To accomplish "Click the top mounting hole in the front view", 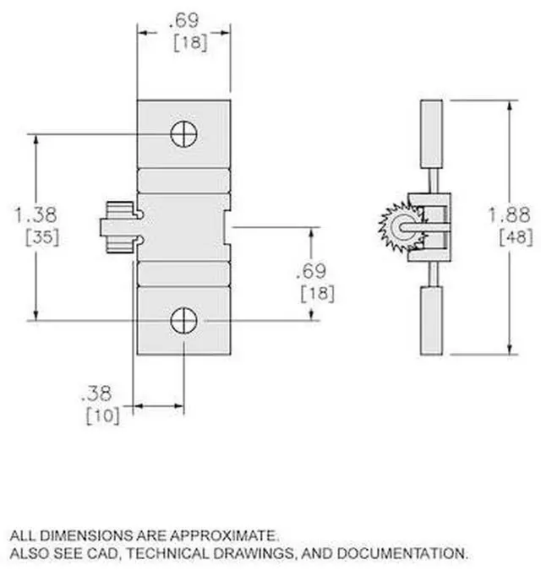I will pos(183,133).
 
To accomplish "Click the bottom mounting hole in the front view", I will pos(183,320).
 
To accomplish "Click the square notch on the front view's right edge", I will pos(226,226).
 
